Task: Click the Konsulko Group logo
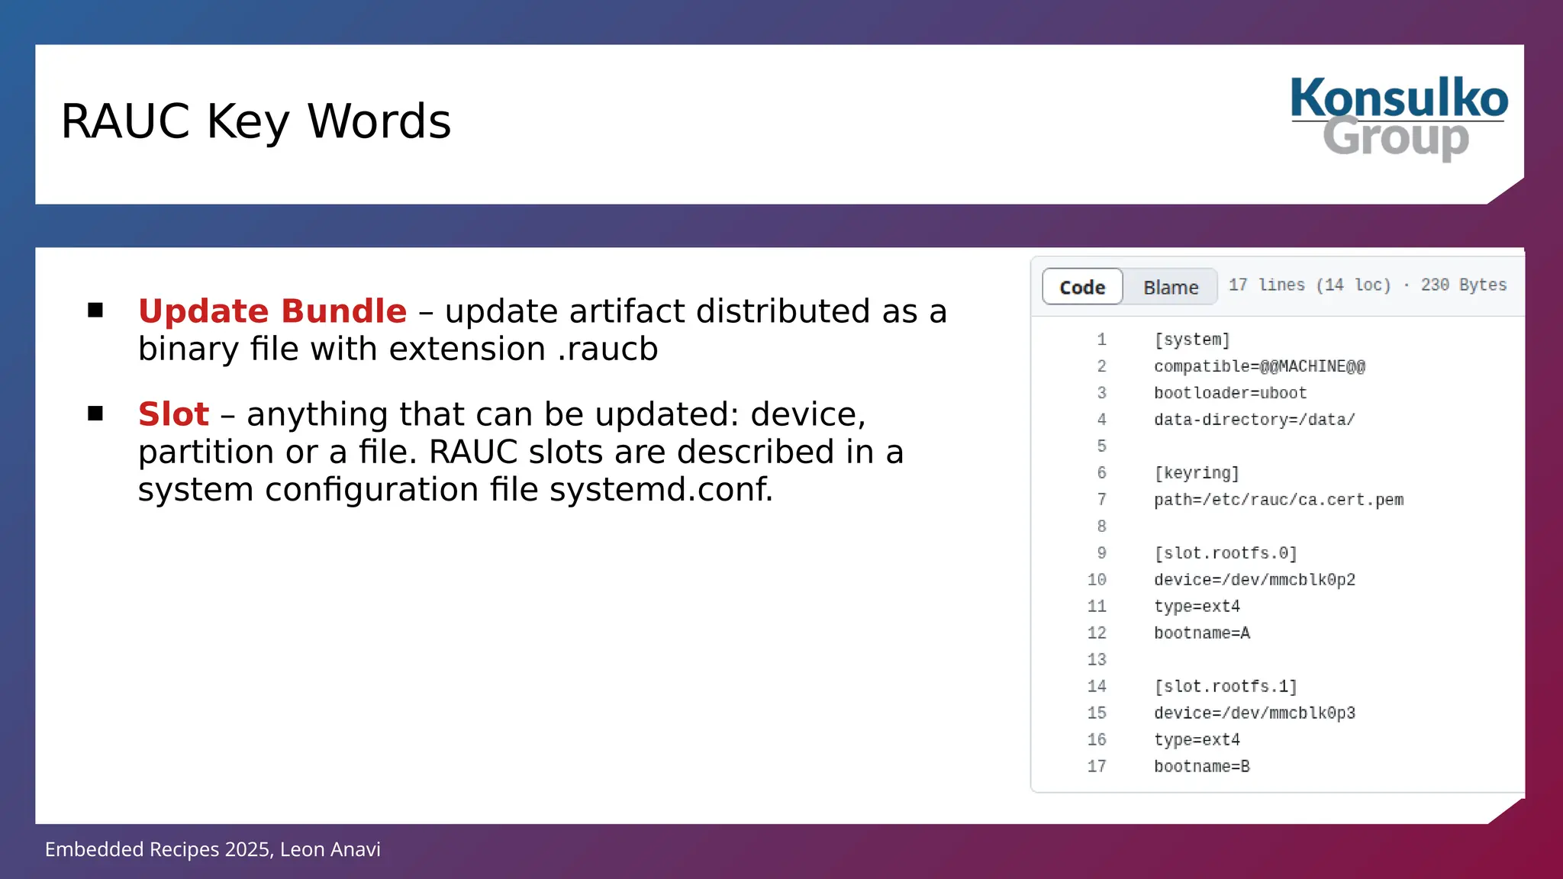tap(1398, 118)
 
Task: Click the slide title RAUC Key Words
tap(256, 121)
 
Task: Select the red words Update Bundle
tap(272, 311)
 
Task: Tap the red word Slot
tap(173, 414)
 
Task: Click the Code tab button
tap(1082, 287)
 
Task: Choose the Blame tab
tap(1171, 287)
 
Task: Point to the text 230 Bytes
tap(1463, 285)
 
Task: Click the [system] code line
tap(1192, 340)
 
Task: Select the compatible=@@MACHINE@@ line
tap(1259, 366)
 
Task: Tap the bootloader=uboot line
tap(1230, 393)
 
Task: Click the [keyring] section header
tap(1197, 473)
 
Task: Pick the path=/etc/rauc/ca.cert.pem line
tap(1278, 500)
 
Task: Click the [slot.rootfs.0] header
tap(1226, 553)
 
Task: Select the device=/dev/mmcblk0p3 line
tap(1255, 713)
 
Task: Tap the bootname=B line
tap(1202, 766)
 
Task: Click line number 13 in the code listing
tap(1097, 659)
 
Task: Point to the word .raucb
tap(607, 349)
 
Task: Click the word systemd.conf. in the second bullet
tap(661, 489)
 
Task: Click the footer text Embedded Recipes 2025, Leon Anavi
tap(213, 849)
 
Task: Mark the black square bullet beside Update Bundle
tap(95, 310)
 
